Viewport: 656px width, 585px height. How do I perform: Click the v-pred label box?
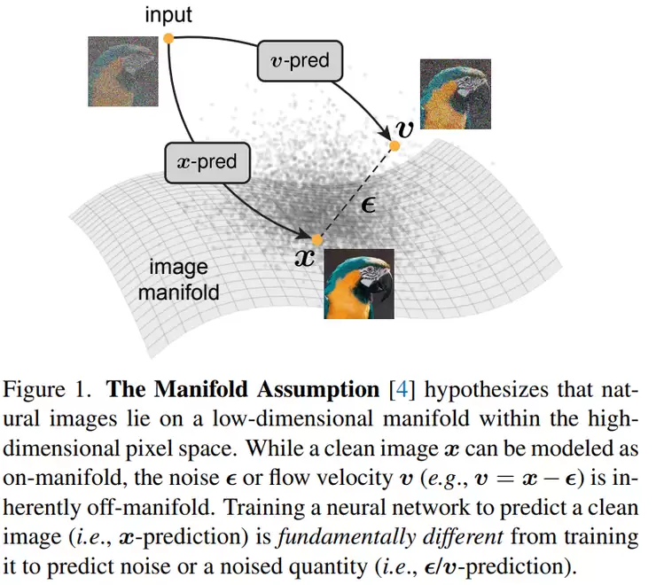pos(299,59)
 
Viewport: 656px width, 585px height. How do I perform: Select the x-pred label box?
pos(208,162)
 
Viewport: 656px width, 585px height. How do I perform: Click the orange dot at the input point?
pos(168,38)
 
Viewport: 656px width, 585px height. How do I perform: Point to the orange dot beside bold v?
pos(395,144)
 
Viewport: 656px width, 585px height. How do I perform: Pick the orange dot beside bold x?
pos(317,239)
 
